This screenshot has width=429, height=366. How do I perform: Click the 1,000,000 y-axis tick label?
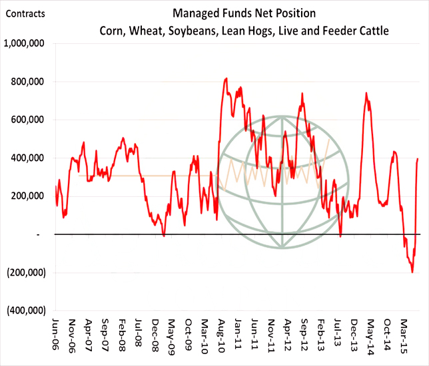coord(26,44)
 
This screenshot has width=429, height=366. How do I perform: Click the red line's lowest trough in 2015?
coord(412,272)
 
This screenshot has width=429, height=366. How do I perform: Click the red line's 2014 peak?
coord(366,93)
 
